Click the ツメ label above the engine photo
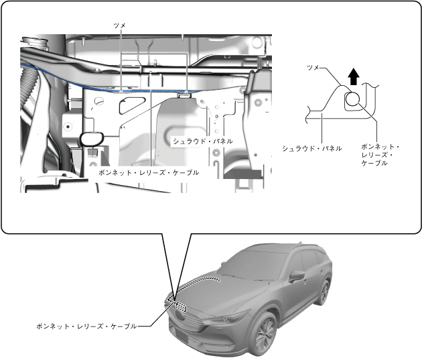(x=121, y=24)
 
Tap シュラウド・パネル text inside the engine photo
(x=202, y=141)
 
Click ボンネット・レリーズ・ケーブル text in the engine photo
(x=149, y=172)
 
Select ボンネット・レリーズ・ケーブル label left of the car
(x=86, y=326)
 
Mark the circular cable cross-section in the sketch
(x=352, y=101)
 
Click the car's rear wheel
(x=324, y=292)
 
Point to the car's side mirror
(x=295, y=276)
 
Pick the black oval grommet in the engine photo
(x=89, y=139)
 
